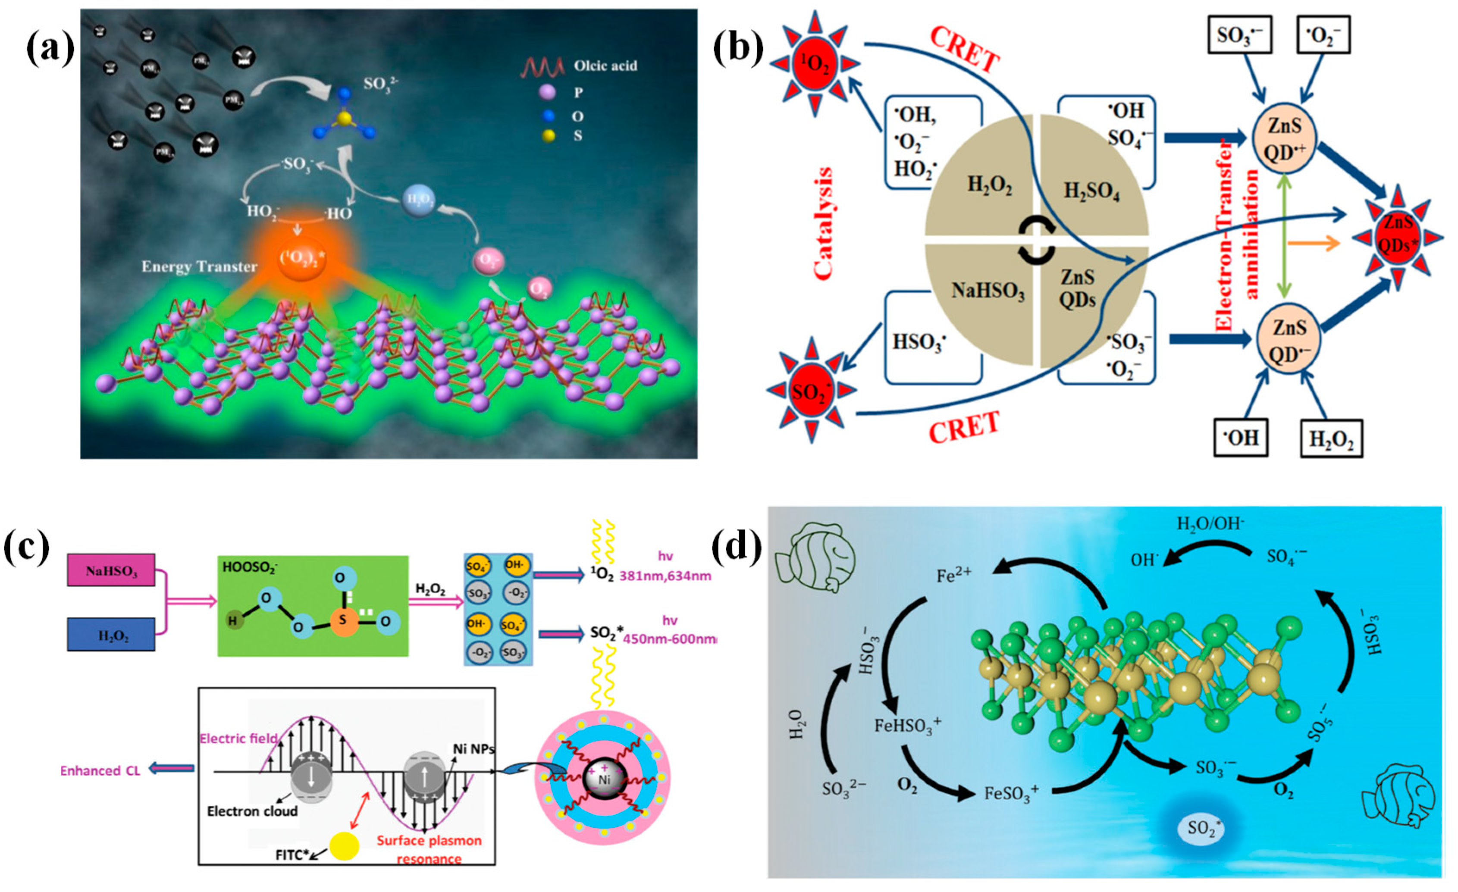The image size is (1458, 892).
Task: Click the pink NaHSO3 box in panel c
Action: (111, 571)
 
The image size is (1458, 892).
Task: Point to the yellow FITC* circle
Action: (344, 846)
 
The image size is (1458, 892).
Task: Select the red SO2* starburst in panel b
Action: (811, 391)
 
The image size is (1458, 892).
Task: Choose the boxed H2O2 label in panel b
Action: (1331, 439)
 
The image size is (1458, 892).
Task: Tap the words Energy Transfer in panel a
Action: (199, 267)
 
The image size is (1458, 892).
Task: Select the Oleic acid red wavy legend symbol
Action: (542, 66)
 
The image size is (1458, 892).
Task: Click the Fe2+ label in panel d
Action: (953, 576)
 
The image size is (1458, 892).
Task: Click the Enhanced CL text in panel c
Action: (100, 771)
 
